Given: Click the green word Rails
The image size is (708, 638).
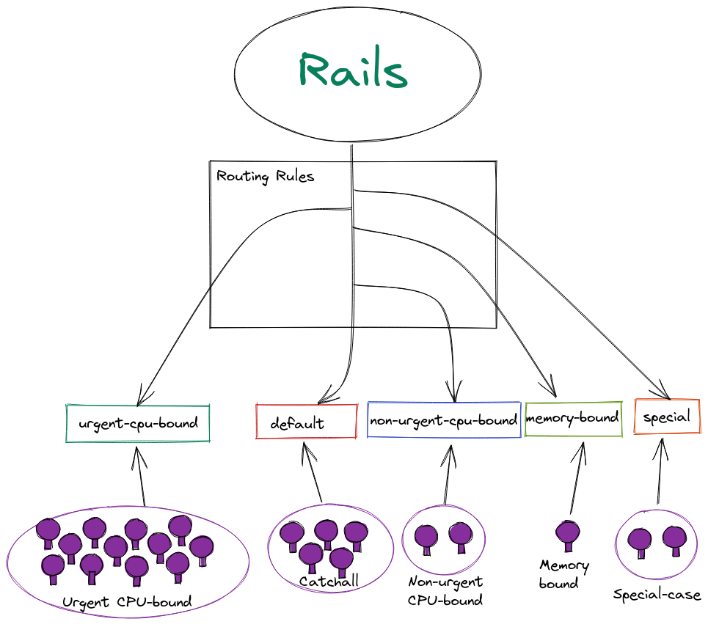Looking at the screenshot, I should (x=353, y=72).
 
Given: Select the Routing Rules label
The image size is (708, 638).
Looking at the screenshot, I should (x=265, y=177).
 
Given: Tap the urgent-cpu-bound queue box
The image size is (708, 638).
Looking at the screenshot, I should (x=138, y=423).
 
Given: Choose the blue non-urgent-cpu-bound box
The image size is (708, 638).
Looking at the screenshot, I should (x=444, y=420).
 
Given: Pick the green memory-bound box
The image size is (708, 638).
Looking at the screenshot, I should (x=573, y=419).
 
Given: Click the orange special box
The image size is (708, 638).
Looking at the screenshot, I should (x=666, y=417).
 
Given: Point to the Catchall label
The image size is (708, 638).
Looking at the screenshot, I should (x=329, y=582).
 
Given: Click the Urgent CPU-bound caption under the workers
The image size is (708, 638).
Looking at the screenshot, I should (x=127, y=603).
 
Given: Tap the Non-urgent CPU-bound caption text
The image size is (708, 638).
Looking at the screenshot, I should (x=445, y=591).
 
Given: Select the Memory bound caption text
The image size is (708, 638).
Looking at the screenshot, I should (x=563, y=574).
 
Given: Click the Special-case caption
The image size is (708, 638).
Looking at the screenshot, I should (x=657, y=595).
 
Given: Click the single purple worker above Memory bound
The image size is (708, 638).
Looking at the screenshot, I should (x=567, y=534).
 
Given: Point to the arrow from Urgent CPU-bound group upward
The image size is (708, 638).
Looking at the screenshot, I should (x=139, y=477).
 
